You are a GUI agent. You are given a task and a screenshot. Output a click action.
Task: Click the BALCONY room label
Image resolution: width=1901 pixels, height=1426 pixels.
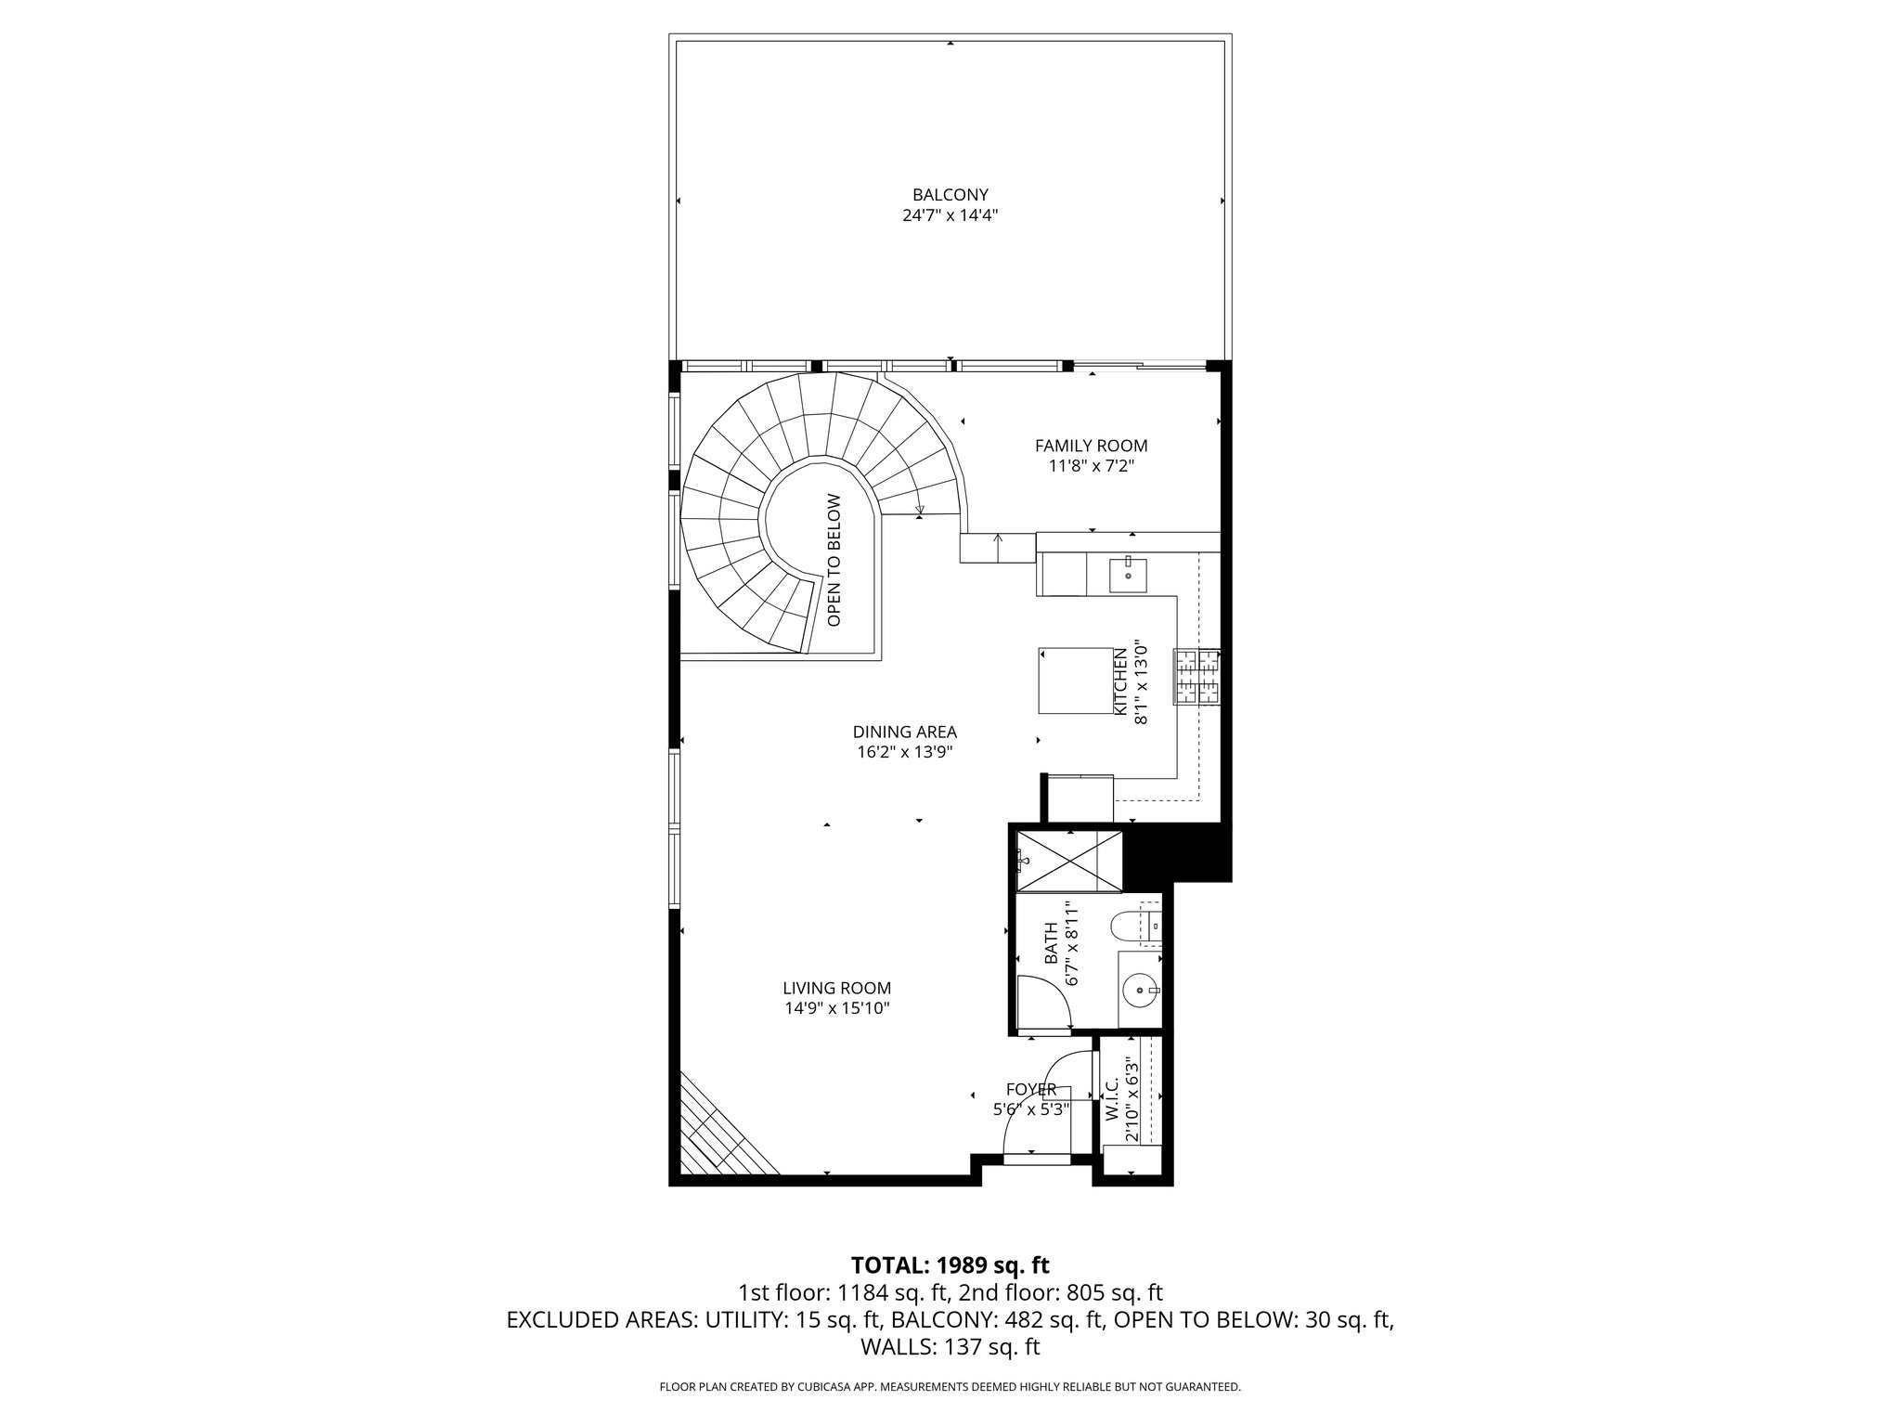point(950,195)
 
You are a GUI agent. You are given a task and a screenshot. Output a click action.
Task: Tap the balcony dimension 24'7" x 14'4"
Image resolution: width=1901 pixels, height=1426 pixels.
point(950,215)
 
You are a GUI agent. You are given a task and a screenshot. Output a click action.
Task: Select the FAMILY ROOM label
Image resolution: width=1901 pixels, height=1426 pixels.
point(1091,446)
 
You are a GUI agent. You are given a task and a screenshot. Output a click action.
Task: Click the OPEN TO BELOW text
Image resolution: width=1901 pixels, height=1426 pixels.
point(834,560)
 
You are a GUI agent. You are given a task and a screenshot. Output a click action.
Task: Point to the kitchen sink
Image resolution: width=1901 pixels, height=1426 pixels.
point(1128,576)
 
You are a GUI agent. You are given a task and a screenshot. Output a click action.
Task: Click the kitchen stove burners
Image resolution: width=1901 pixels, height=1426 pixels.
point(1197,677)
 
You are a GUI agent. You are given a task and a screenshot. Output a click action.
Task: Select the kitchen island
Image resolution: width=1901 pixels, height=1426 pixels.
point(1075,681)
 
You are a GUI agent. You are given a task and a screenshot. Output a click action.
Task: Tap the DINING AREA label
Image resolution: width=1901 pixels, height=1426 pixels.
point(904,732)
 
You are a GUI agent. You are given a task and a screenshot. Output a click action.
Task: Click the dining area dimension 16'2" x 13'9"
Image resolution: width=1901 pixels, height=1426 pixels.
point(904,753)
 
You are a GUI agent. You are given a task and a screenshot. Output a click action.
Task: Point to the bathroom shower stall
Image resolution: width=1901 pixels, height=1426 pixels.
point(1069,862)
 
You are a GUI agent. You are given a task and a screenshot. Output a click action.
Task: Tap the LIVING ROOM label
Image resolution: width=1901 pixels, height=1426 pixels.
point(836,989)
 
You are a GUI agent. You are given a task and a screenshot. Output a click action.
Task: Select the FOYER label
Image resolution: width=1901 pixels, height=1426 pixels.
point(1030,1089)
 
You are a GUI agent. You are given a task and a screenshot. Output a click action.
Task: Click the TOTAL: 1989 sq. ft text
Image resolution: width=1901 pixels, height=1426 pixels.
point(950,1264)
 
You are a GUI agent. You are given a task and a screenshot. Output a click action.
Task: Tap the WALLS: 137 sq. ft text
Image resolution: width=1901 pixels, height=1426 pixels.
point(950,1347)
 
